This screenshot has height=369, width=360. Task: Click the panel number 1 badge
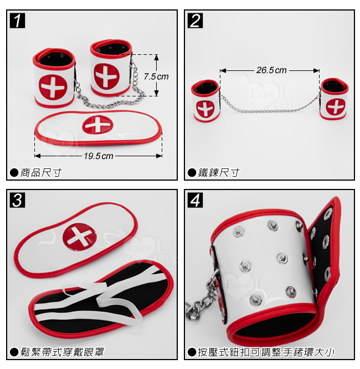pos(17,20)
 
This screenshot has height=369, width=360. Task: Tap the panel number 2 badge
pos(195,20)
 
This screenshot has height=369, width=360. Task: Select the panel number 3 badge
pos(17,200)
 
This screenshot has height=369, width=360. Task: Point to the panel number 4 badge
pos(195,200)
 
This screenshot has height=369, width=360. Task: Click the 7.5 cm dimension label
pos(156,76)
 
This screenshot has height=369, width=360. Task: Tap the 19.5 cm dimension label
pos(99,156)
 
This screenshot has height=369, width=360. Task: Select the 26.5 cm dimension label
pos(271,70)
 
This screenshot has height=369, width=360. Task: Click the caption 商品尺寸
pos(41,173)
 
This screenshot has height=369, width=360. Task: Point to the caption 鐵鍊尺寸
pos(219,173)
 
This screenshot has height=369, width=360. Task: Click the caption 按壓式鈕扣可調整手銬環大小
pos(266,352)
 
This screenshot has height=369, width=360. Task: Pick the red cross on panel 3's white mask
pos(80,237)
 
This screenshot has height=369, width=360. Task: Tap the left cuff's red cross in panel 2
pos(205,109)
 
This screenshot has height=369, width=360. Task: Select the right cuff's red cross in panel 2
pos(336,106)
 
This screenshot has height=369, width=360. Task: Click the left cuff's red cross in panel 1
pos(53,87)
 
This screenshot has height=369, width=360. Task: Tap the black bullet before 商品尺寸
pos(14,173)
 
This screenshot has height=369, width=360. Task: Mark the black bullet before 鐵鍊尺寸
pos(192,173)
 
